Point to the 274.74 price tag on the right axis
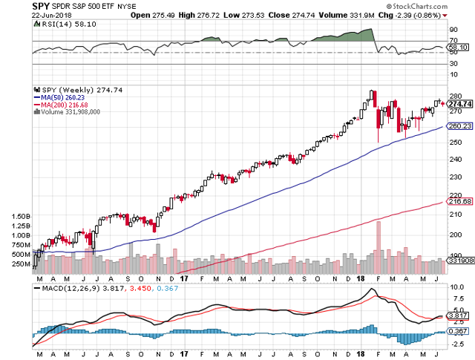(x=459, y=104)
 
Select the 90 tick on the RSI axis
(x=452, y=30)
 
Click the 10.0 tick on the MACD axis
(x=456, y=287)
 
